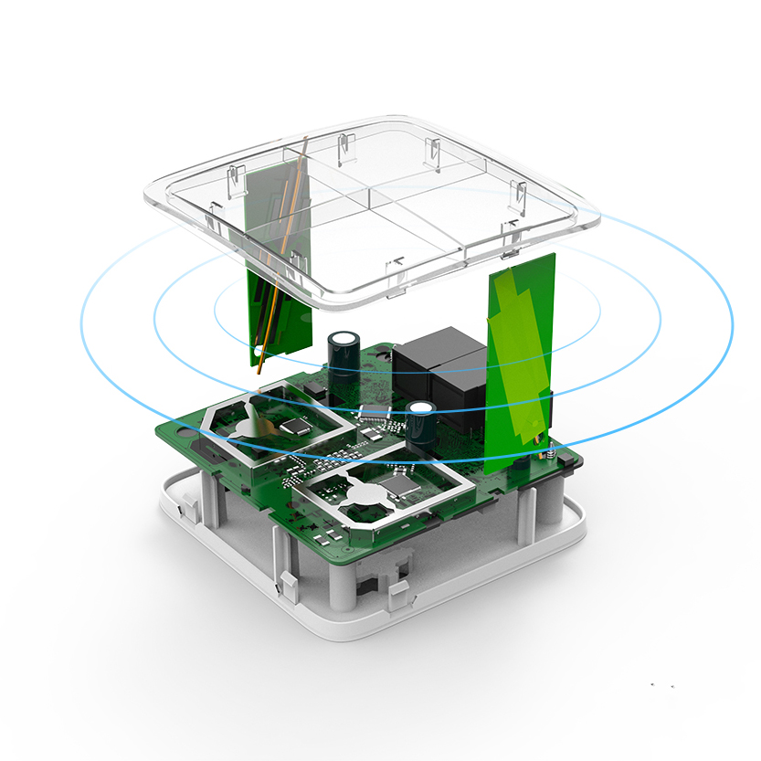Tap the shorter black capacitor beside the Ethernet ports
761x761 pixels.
coord(420,422)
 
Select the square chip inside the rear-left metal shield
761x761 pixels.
coord(294,426)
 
